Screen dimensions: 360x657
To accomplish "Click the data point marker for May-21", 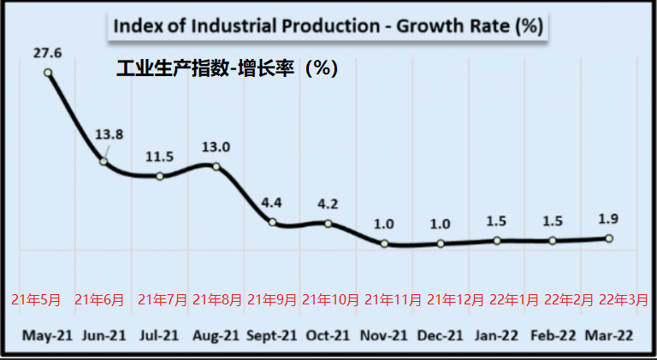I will [x=48, y=73].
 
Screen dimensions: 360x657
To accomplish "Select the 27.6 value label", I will [x=48, y=53].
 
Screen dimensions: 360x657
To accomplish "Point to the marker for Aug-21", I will [x=216, y=166].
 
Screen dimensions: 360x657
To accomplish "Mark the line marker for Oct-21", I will [x=328, y=224].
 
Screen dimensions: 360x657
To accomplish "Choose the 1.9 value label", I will [x=609, y=218].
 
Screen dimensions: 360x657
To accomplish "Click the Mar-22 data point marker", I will [x=609, y=239].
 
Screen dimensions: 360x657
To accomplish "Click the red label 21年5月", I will [x=36, y=300].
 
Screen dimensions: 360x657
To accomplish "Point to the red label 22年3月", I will [x=623, y=300].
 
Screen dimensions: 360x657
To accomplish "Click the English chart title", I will [x=328, y=26].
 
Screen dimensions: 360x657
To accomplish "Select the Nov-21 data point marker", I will [x=384, y=244].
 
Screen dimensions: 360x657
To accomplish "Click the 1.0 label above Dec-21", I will [x=441, y=224].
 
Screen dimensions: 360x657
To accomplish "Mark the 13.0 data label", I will [x=216, y=146].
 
